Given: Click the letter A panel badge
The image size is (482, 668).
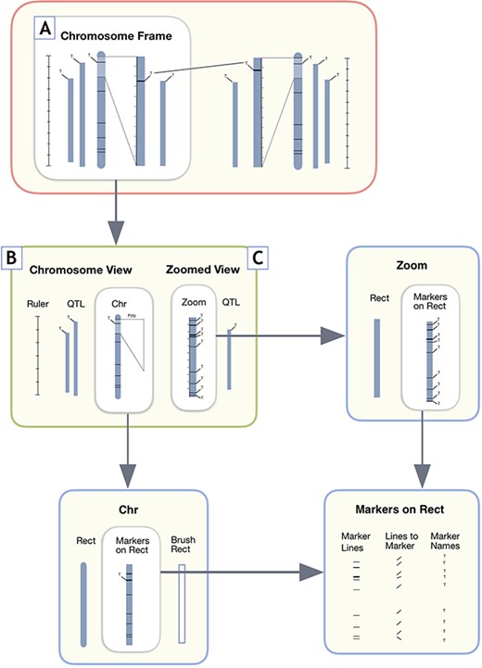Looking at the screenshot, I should click(43, 29).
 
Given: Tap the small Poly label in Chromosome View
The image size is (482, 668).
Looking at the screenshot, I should click(132, 314).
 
